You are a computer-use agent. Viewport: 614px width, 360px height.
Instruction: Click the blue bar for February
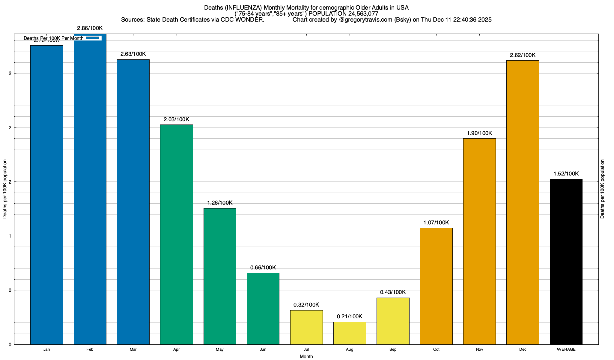90,189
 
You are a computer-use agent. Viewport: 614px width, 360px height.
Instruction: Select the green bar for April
177,234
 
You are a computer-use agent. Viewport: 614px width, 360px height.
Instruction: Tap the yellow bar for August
350,333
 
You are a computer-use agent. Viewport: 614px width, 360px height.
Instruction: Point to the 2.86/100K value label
90,28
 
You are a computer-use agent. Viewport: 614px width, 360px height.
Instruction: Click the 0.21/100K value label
350,316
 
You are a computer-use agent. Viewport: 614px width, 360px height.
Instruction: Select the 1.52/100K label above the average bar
566,174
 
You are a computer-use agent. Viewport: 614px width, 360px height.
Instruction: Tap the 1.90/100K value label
479,133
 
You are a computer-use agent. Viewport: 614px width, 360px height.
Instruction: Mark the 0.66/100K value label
263,268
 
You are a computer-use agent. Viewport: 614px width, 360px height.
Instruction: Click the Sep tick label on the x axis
393,349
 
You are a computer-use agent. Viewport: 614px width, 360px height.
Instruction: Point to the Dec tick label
523,349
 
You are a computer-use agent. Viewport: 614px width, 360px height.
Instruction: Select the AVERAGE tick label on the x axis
566,349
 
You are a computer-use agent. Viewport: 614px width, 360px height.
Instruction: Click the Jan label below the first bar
46,349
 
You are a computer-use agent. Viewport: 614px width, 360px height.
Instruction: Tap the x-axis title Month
306,356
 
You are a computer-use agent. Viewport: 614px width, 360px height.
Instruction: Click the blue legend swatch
92,38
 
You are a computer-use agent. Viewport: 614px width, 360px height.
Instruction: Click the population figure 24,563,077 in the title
363,13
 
